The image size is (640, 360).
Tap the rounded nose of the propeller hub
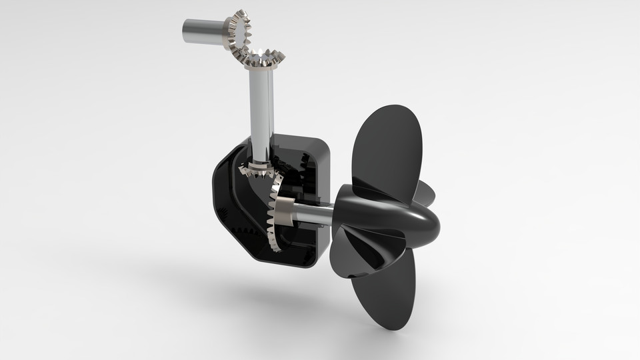427,227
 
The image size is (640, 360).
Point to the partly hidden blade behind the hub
427,193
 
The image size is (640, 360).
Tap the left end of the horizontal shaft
186,29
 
